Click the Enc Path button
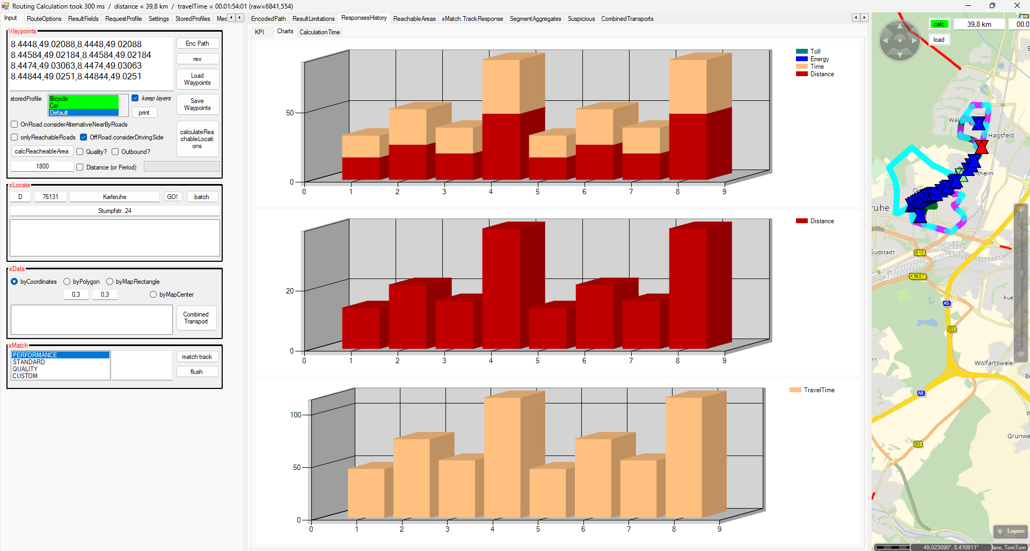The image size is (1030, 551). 197,43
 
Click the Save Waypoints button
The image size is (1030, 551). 197,104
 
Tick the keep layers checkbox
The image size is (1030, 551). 135,98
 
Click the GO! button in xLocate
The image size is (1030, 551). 172,197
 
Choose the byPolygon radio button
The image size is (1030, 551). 67,282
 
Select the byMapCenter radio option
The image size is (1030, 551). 154,295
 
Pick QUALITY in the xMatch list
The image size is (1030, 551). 25,369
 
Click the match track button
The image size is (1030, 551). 196,357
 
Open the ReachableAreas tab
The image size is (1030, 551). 414,19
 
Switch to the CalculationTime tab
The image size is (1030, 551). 319,32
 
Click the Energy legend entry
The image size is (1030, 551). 819,59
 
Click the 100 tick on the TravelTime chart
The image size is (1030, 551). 296,415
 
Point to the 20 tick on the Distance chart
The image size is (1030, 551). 290,291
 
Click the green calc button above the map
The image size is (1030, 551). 939,24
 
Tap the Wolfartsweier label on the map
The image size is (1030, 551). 994,363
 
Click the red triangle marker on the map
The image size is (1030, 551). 981,146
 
